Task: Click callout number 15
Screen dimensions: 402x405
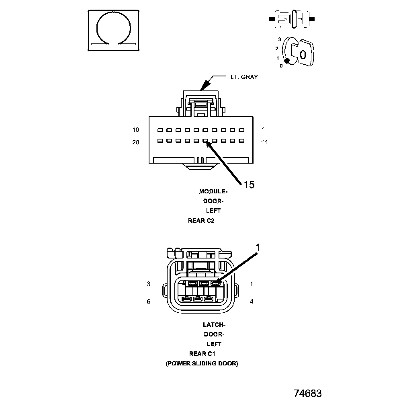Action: pos(249,185)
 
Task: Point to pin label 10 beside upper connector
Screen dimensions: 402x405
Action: pos(136,130)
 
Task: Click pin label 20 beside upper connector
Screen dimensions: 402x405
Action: pos(136,142)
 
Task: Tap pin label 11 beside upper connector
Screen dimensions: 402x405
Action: pos(264,142)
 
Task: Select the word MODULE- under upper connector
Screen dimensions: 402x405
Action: pos(213,191)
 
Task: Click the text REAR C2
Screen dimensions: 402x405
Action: pos(201,220)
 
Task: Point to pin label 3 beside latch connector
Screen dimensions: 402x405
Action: pos(148,284)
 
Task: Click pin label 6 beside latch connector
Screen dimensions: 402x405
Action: pos(148,301)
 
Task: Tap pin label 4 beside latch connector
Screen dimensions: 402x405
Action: pos(252,301)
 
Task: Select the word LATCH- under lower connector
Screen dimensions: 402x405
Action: pos(214,325)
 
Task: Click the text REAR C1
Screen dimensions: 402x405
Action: pos(202,354)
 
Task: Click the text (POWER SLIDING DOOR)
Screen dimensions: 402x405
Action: pos(202,363)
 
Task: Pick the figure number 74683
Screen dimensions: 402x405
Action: pos(307,393)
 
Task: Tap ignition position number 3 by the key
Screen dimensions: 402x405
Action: pos(279,39)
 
